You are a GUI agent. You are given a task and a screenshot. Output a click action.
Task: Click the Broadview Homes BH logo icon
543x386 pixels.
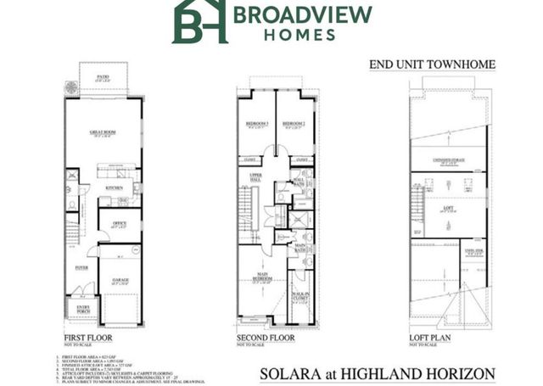[199, 21]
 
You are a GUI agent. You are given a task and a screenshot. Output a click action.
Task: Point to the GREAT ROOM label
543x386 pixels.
[103, 131]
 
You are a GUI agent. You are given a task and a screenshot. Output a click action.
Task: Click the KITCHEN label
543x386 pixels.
[115, 187]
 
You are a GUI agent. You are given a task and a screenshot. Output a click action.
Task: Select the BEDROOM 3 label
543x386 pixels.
[257, 124]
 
